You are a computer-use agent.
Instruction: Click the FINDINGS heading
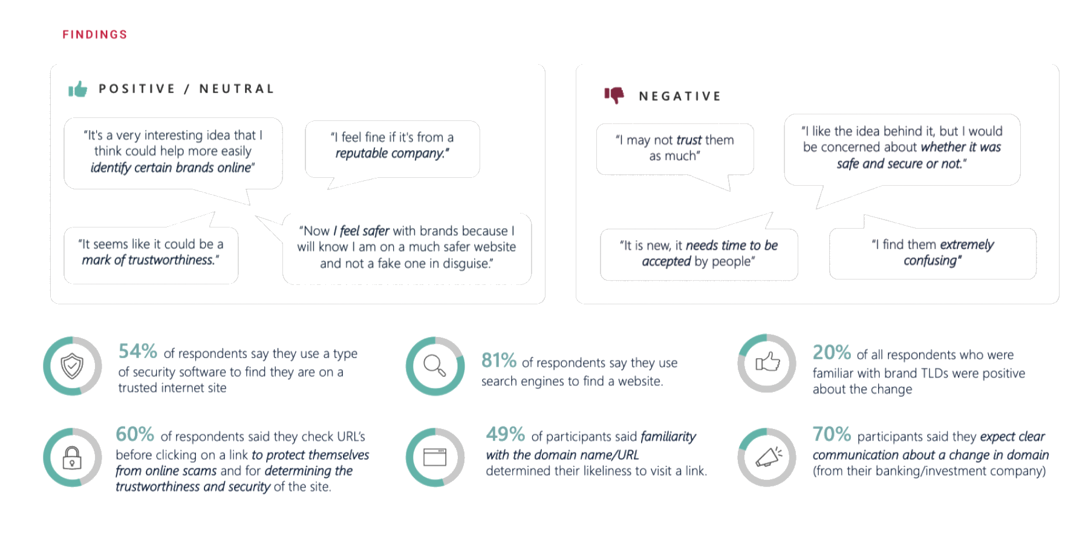point(95,34)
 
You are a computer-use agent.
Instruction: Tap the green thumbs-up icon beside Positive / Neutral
point(78,90)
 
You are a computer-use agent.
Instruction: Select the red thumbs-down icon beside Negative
point(614,96)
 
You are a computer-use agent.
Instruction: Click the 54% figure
point(138,351)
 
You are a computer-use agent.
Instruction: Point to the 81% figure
point(499,361)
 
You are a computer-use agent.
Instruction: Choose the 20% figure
point(832,353)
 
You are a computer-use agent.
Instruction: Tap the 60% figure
point(135,434)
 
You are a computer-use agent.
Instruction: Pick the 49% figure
point(505,434)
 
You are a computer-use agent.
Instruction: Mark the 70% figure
point(832,434)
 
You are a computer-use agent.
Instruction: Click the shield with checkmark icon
point(73,366)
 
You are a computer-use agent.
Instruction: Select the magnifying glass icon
point(435,365)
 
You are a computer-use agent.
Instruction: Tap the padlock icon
point(72,457)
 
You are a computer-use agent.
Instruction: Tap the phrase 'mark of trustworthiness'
point(149,260)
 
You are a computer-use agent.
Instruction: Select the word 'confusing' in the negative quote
point(930,261)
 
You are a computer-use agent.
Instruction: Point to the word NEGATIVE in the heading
point(680,96)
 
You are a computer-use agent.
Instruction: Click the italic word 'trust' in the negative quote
point(688,140)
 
